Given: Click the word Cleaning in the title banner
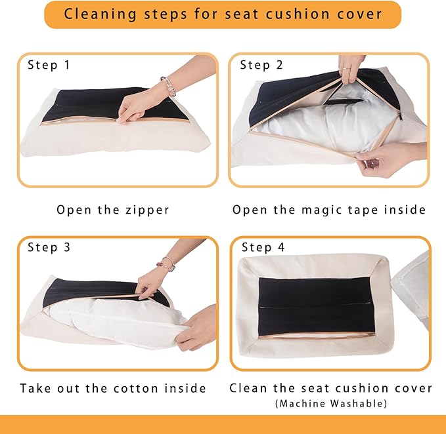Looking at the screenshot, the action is tap(100, 14).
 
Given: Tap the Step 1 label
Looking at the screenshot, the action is tap(49, 65).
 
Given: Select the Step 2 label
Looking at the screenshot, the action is tap(261, 65).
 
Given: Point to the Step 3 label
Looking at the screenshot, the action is tap(49, 247).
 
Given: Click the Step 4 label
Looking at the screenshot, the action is tap(263, 247).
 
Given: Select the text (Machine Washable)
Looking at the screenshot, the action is tap(331, 404).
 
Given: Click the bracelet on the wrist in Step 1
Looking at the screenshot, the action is tap(168, 86).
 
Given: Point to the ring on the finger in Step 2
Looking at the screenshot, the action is tap(346, 69).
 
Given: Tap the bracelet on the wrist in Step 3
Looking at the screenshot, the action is tap(166, 264).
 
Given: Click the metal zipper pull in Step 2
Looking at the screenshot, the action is tap(399, 115).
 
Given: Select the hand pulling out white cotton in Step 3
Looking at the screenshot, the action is tap(196, 328).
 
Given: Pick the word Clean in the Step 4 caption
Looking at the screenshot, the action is tap(248, 388).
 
